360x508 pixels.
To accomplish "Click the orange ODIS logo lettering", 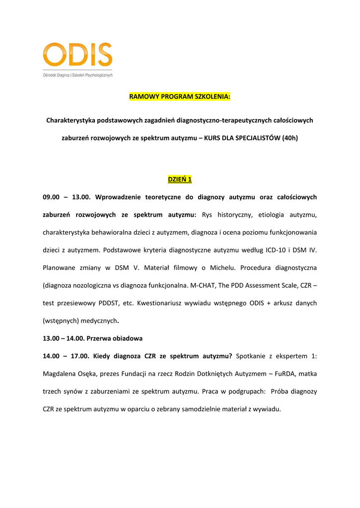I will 77,55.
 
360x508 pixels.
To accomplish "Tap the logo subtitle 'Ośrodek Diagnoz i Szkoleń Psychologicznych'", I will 77,75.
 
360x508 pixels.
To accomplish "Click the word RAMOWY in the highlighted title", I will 144,96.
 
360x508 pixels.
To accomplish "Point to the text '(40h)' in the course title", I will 289,138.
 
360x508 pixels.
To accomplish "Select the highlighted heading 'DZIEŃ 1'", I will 180,179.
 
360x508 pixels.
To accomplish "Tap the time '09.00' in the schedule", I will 51,197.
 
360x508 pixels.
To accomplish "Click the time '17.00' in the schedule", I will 80,356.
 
